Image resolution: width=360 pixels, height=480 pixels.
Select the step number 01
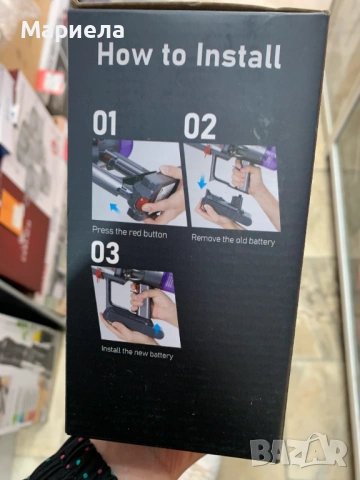[x=105, y=124]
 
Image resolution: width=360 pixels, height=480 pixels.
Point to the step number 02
[x=199, y=126]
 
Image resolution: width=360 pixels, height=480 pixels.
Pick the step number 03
[x=105, y=253]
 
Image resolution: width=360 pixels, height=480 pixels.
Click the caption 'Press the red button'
[x=129, y=232]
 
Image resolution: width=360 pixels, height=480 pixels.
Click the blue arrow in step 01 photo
[x=113, y=209]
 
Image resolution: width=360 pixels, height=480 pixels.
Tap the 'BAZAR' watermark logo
[x=311, y=451]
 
